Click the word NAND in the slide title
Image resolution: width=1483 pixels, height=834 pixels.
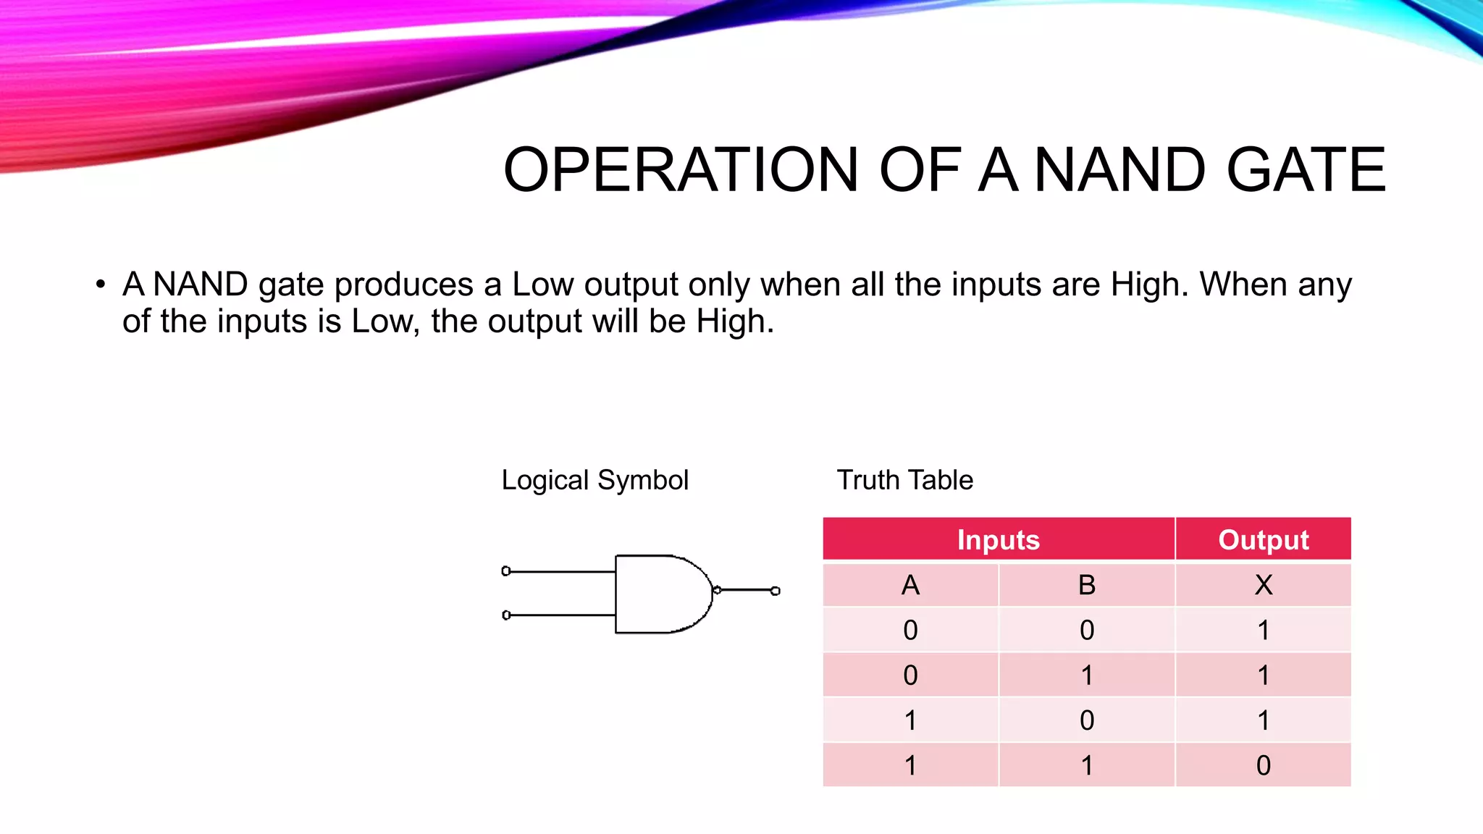point(1119,170)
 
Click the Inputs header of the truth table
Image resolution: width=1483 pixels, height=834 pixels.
point(998,540)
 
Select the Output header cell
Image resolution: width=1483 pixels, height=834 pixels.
point(1263,540)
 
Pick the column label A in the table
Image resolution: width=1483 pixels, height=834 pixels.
point(910,585)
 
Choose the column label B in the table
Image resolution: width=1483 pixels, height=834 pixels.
point(1086,585)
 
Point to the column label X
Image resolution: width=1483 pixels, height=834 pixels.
point(1263,585)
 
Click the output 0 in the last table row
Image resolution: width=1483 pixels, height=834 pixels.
point(1263,765)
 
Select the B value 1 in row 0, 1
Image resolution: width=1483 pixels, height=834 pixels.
point(1086,675)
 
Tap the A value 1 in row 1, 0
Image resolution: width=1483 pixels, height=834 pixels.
point(910,720)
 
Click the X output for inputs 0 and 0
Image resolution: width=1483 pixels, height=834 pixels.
point(1263,630)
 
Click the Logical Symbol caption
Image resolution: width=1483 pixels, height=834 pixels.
point(595,480)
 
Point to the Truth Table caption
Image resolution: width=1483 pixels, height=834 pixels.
point(904,480)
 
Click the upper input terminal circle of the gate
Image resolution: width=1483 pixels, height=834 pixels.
point(506,571)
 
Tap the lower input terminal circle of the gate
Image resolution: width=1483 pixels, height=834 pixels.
point(506,615)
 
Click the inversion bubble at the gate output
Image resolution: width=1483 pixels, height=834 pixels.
point(717,590)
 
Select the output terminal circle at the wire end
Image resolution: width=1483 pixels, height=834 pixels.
point(776,591)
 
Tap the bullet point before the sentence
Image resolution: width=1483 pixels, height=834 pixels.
point(101,284)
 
